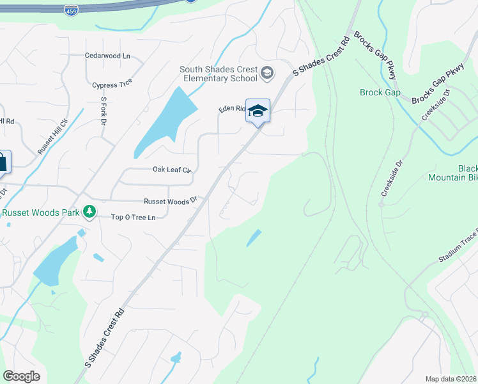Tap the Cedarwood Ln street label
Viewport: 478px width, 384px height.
[x=107, y=56]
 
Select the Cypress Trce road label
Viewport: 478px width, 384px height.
[x=112, y=84]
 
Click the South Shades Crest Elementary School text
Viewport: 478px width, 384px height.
[x=219, y=74]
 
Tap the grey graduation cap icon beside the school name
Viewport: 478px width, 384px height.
[x=266, y=74]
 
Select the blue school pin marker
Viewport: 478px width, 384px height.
[x=258, y=111]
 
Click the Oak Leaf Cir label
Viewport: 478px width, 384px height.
[x=172, y=170]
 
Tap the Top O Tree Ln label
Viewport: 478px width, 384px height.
[x=134, y=218]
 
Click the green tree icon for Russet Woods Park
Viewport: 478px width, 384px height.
[x=91, y=211]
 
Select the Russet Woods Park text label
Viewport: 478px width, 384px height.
[x=40, y=213]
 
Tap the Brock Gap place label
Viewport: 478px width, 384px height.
[x=380, y=92]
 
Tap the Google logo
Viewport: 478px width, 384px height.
[x=21, y=376]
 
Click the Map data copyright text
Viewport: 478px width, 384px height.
[x=451, y=379]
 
